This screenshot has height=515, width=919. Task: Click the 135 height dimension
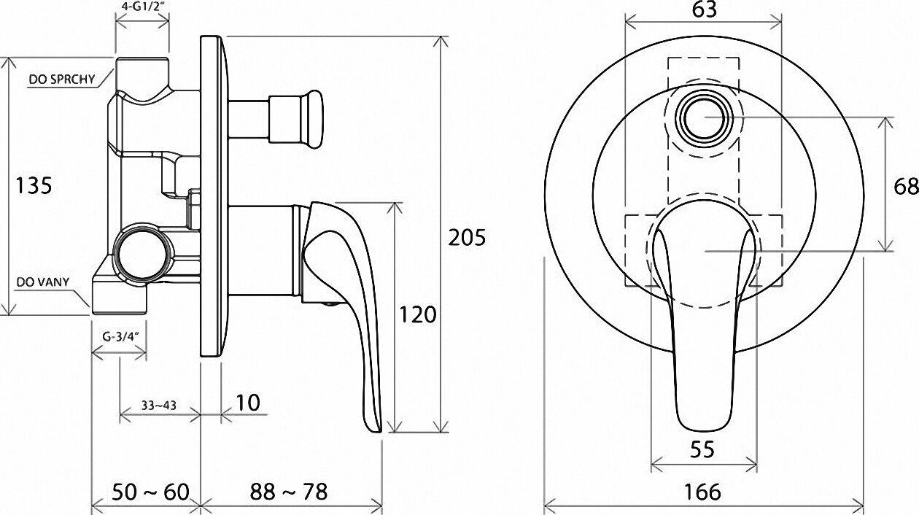34,185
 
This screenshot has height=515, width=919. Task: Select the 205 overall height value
467,237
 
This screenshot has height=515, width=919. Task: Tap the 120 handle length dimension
418,314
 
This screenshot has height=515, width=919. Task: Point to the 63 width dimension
705,9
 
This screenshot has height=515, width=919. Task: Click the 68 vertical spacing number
906,187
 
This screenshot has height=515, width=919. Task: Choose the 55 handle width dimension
702,449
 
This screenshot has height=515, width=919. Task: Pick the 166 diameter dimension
702,492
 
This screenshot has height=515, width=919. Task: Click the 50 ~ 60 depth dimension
150,492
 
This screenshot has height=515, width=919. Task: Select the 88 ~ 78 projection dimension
289,492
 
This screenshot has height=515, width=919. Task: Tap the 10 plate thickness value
248,403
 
